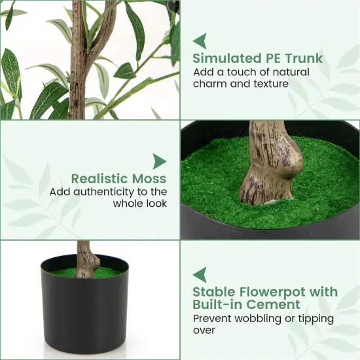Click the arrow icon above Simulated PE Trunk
[200, 41]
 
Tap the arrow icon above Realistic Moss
[159, 161]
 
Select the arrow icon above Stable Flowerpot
[200, 274]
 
